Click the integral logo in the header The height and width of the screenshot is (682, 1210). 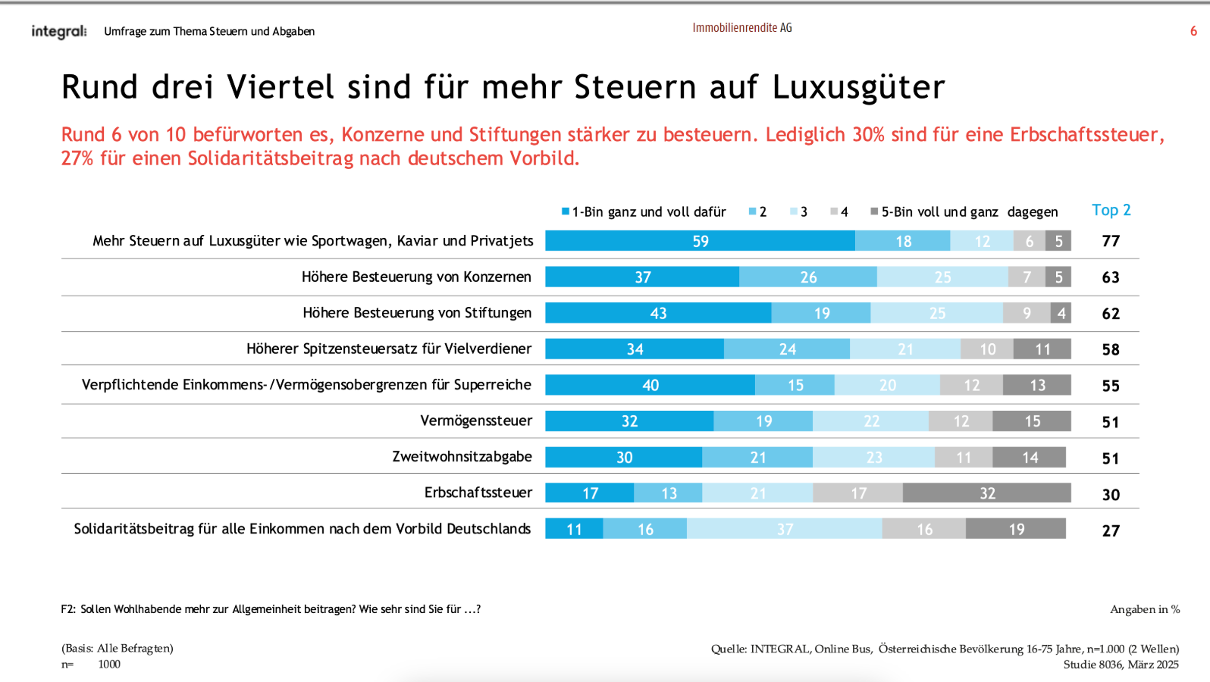point(58,31)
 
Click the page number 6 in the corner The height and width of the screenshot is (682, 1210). point(1193,31)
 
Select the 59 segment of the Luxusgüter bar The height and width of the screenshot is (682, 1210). point(700,241)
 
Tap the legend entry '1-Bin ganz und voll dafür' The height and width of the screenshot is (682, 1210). point(644,211)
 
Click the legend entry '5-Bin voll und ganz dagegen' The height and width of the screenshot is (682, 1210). point(964,211)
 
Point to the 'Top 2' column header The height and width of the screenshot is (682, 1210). point(1111,210)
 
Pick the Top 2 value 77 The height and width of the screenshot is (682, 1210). point(1111,241)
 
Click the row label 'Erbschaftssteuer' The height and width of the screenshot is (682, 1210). point(478,493)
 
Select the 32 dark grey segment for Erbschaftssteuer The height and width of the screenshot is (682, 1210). point(986,493)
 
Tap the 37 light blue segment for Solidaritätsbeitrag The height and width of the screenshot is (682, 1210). point(785,529)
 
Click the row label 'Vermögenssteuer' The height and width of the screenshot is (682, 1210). point(476,421)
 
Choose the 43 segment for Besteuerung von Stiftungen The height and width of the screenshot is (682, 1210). point(658,313)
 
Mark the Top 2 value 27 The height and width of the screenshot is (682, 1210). point(1111,530)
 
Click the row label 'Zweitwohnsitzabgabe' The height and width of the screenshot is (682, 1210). point(462,456)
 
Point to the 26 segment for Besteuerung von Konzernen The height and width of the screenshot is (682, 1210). point(808,277)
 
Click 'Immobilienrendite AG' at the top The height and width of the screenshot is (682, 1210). point(741,27)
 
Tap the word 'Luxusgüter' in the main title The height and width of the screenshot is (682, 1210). point(858,87)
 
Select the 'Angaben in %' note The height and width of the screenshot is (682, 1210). point(1145,609)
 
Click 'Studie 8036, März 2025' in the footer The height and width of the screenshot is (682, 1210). point(1121,665)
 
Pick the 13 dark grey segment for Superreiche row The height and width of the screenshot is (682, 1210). point(1037,385)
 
